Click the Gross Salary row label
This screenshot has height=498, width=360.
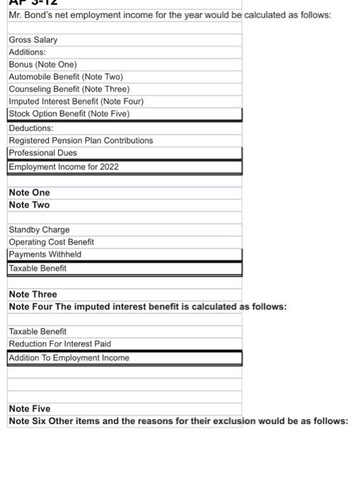click(x=33, y=40)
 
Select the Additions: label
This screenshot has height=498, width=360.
click(x=27, y=52)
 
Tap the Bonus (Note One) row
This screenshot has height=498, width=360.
click(x=43, y=64)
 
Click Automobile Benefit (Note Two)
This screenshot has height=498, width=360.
click(x=65, y=77)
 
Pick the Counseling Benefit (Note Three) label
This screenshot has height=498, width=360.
click(x=69, y=89)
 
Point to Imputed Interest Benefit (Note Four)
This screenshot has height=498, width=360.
click(x=76, y=101)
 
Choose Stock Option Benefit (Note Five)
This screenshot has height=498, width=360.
click(x=69, y=114)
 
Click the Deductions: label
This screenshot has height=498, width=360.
click(x=31, y=128)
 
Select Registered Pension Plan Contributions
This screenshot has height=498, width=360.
click(x=80, y=141)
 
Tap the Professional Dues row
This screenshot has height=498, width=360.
click(x=43, y=153)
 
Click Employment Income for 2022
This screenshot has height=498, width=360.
click(x=63, y=167)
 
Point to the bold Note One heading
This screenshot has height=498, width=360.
click(x=29, y=193)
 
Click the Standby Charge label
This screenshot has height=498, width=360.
click(x=39, y=230)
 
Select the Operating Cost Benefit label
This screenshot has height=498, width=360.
click(x=51, y=242)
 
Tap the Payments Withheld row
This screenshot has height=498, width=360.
click(x=45, y=255)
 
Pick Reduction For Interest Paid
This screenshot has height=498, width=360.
click(x=60, y=344)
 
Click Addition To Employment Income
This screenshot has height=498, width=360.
click(x=69, y=358)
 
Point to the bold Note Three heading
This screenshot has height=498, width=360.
click(x=33, y=295)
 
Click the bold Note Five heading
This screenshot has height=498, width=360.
click(x=29, y=409)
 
